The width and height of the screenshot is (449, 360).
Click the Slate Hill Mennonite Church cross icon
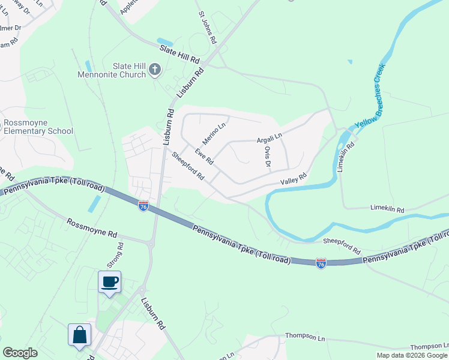pyautogui.click(x=154, y=69)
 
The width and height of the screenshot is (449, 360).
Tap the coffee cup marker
pyautogui.click(x=109, y=281)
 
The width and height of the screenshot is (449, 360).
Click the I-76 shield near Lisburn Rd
pyautogui.click(x=143, y=206)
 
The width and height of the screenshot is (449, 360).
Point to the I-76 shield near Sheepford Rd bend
pyautogui.click(x=321, y=263)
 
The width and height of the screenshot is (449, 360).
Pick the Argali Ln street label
pyautogui.click(x=269, y=137)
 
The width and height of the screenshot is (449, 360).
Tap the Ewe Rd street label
pyautogui.click(x=203, y=156)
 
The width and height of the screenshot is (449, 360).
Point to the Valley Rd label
pyautogui.click(x=294, y=178)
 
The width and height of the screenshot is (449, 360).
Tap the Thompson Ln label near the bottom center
pyautogui.click(x=304, y=337)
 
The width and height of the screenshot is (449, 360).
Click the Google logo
pyautogui.click(x=20, y=353)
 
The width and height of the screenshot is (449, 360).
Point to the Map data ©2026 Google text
pyautogui.click(x=411, y=355)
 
